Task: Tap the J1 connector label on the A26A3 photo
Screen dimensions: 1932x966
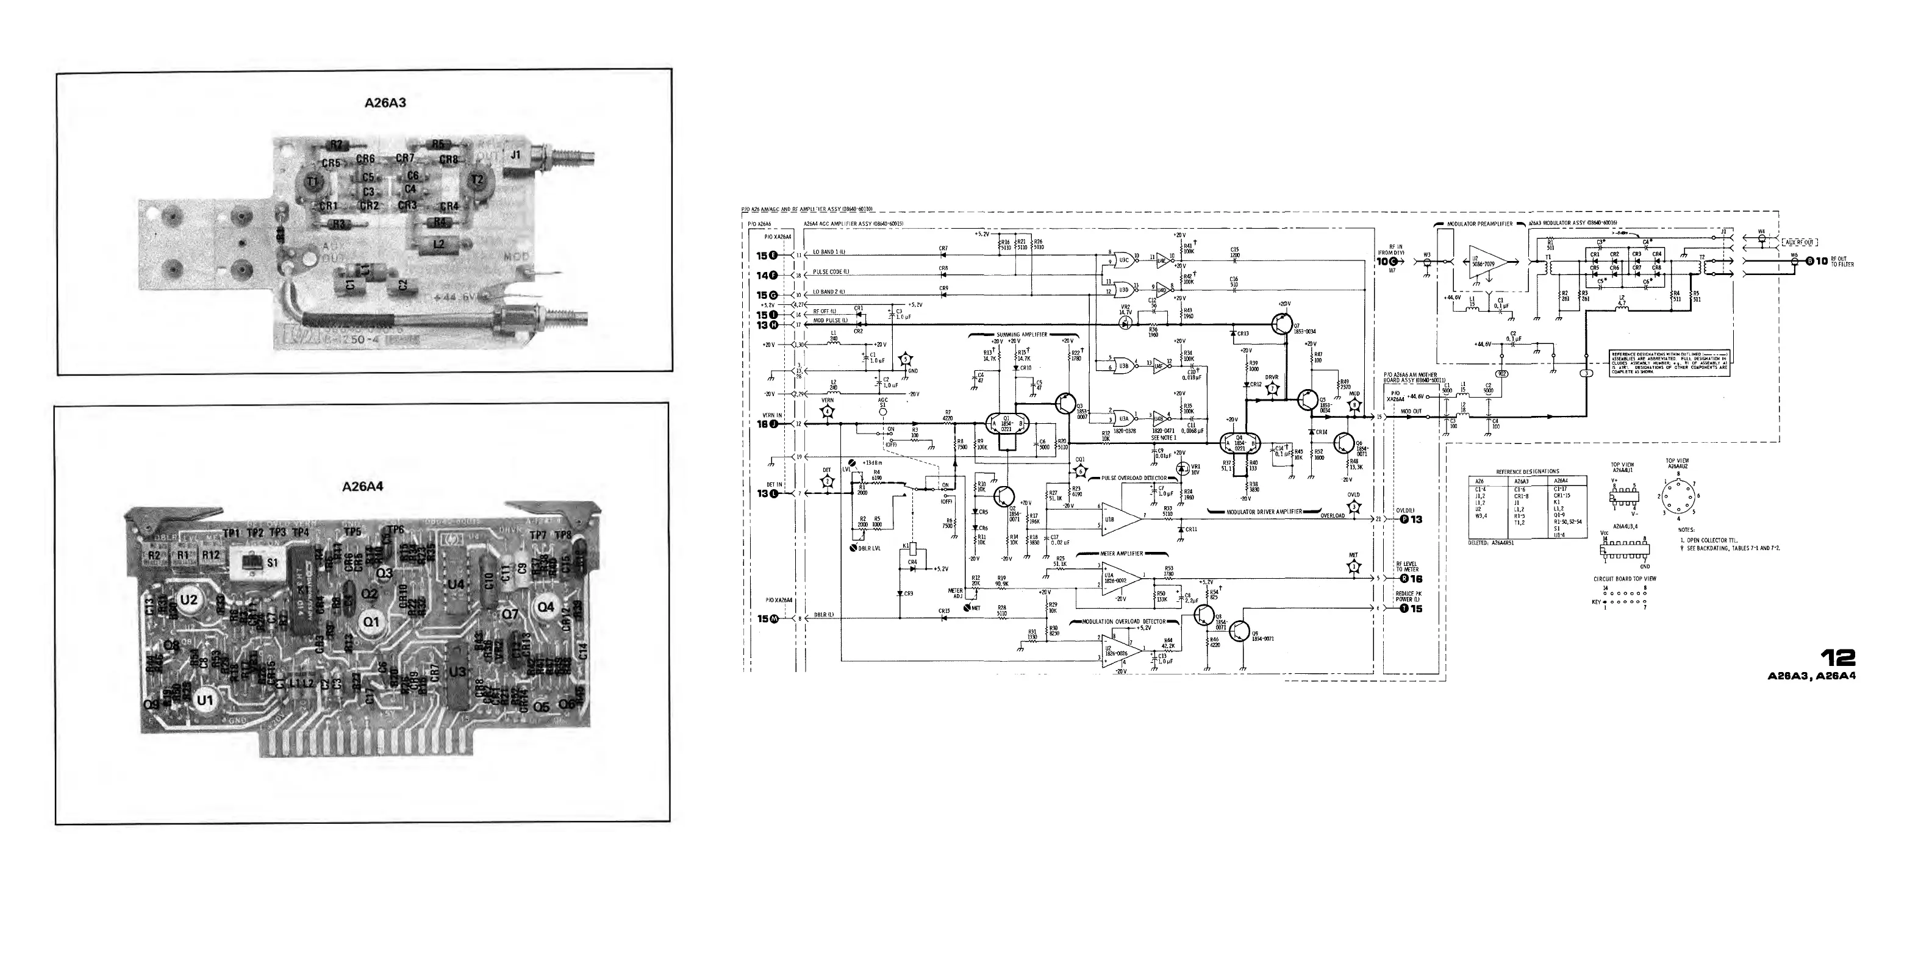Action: [x=515, y=156]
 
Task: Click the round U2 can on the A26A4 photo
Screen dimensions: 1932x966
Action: [x=189, y=599]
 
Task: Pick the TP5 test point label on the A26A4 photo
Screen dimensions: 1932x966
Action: [x=352, y=532]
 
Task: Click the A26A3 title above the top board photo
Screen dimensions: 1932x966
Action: [x=385, y=102]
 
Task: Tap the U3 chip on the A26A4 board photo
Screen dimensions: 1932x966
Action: [x=457, y=673]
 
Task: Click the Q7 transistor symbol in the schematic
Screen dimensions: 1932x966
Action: [x=1280, y=323]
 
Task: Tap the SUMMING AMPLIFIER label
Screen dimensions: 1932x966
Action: [x=1021, y=334]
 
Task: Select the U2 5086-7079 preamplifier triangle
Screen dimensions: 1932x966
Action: [x=1489, y=262]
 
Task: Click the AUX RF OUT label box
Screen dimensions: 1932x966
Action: [x=1798, y=242]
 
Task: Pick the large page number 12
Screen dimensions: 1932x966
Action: [x=1838, y=658]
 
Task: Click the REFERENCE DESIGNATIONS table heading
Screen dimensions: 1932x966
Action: [x=1527, y=472]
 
